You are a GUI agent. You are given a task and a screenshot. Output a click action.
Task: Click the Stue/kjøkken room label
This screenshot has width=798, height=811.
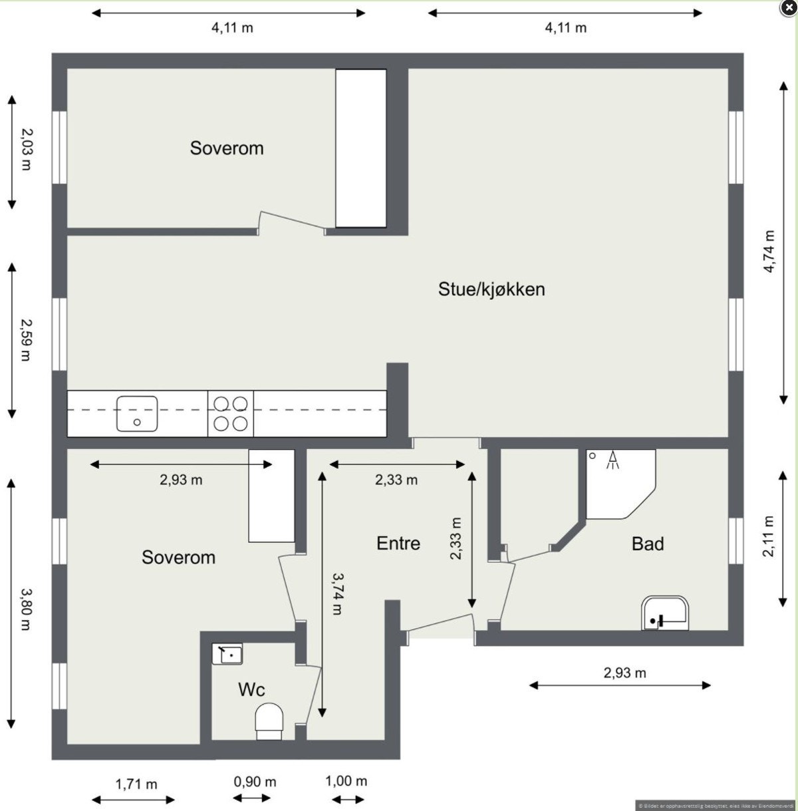pyautogui.click(x=491, y=289)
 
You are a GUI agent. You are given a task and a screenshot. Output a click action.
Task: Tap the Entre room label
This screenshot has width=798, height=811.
pyautogui.click(x=398, y=544)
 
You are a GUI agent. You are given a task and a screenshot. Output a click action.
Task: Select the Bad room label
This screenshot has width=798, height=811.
pyautogui.click(x=648, y=544)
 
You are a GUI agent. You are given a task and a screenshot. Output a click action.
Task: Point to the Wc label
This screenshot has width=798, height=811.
pyautogui.click(x=251, y=690)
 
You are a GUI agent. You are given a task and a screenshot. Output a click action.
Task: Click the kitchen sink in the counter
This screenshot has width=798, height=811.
pyautogui.click(x=137, y=413)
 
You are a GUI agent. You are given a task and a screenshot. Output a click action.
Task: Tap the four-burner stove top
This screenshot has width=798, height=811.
pyautogui.click(x=230, y=413)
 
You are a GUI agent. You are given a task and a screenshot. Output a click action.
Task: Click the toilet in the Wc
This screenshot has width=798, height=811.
pyautogui.click(x=269, y=723)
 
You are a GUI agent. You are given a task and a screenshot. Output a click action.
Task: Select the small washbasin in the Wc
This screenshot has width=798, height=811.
pyautogui.click(x=227, y=654)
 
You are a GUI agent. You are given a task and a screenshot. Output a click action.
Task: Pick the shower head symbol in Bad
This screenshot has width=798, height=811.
pyautogui.click(x=612, y=460)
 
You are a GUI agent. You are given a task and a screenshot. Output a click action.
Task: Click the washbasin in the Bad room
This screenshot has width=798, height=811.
pyautogui.click(x=665, y=613)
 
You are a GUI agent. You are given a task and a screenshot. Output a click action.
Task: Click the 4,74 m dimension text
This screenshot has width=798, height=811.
pyautogui.click(x=769, y=251)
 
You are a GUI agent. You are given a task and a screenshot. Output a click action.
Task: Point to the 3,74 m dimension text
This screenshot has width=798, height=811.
pyautogui.click(x=337, y=593)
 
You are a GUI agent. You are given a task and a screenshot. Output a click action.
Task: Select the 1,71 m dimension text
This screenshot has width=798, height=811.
pyautogui.click(x=136, y=784)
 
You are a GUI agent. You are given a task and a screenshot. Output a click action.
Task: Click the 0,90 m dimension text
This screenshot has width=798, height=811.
pyautogui.click(x=255, y=782)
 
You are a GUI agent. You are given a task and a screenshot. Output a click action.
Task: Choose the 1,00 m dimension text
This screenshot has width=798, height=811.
pyautogui.click(x=346, y=781)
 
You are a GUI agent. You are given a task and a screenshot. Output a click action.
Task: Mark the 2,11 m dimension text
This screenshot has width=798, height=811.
pyautogui.click(x=769, y=537)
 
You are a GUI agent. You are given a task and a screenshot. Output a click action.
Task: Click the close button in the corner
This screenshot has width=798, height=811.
pyautogui.click(x=787, y=8)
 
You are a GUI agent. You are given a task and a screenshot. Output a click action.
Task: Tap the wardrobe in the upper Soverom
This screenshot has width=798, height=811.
pyautogui.click(x=360, y=148)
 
